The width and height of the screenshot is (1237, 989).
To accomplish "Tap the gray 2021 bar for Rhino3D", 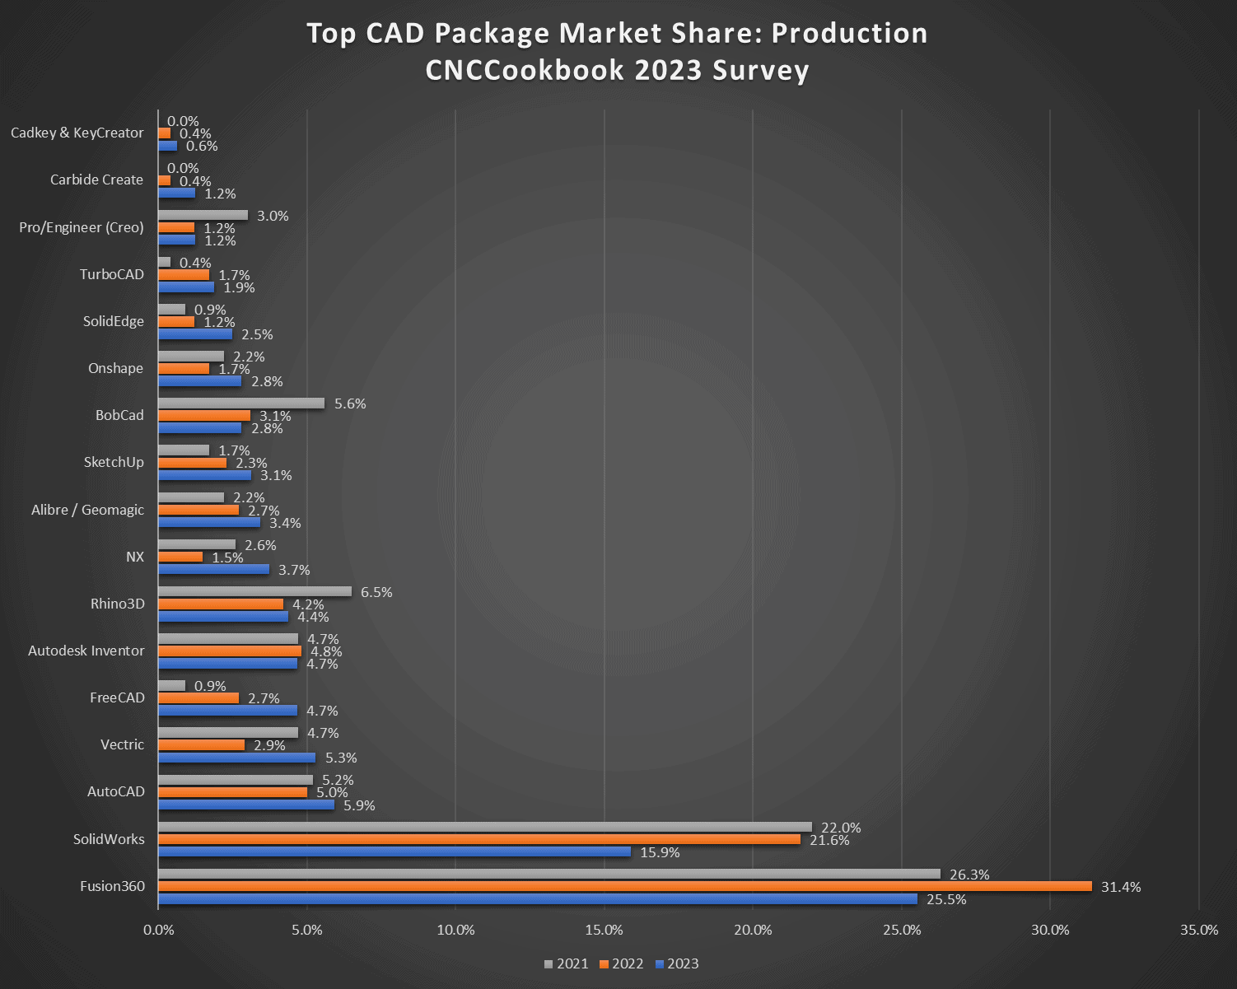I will coord(254,591).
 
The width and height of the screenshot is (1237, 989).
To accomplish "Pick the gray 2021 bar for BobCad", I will coord(240,404).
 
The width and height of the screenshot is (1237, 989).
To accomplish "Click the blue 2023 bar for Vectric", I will coord(236,758).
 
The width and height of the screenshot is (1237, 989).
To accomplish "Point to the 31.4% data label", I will coord(1121,887).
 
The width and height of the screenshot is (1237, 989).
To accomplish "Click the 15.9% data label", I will coord(660,852).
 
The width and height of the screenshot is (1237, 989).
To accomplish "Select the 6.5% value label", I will coord(376,592).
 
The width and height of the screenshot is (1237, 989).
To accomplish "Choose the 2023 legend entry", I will coord(677,963).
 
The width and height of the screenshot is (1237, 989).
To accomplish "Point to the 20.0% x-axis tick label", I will coord(753,930).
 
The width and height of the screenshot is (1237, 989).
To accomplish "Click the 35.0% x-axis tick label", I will coord(1198,930).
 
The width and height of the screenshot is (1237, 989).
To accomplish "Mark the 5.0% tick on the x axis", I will coord(307,930).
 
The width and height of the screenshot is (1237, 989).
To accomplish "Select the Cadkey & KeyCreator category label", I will coord(77,133).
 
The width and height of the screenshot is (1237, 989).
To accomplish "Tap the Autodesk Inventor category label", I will coord(86,651).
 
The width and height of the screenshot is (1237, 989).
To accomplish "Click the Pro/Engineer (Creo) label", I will coord(82,227).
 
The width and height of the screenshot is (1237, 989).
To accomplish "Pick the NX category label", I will coord(135,557).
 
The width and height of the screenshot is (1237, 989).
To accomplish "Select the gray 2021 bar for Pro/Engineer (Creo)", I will coord(203,215).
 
